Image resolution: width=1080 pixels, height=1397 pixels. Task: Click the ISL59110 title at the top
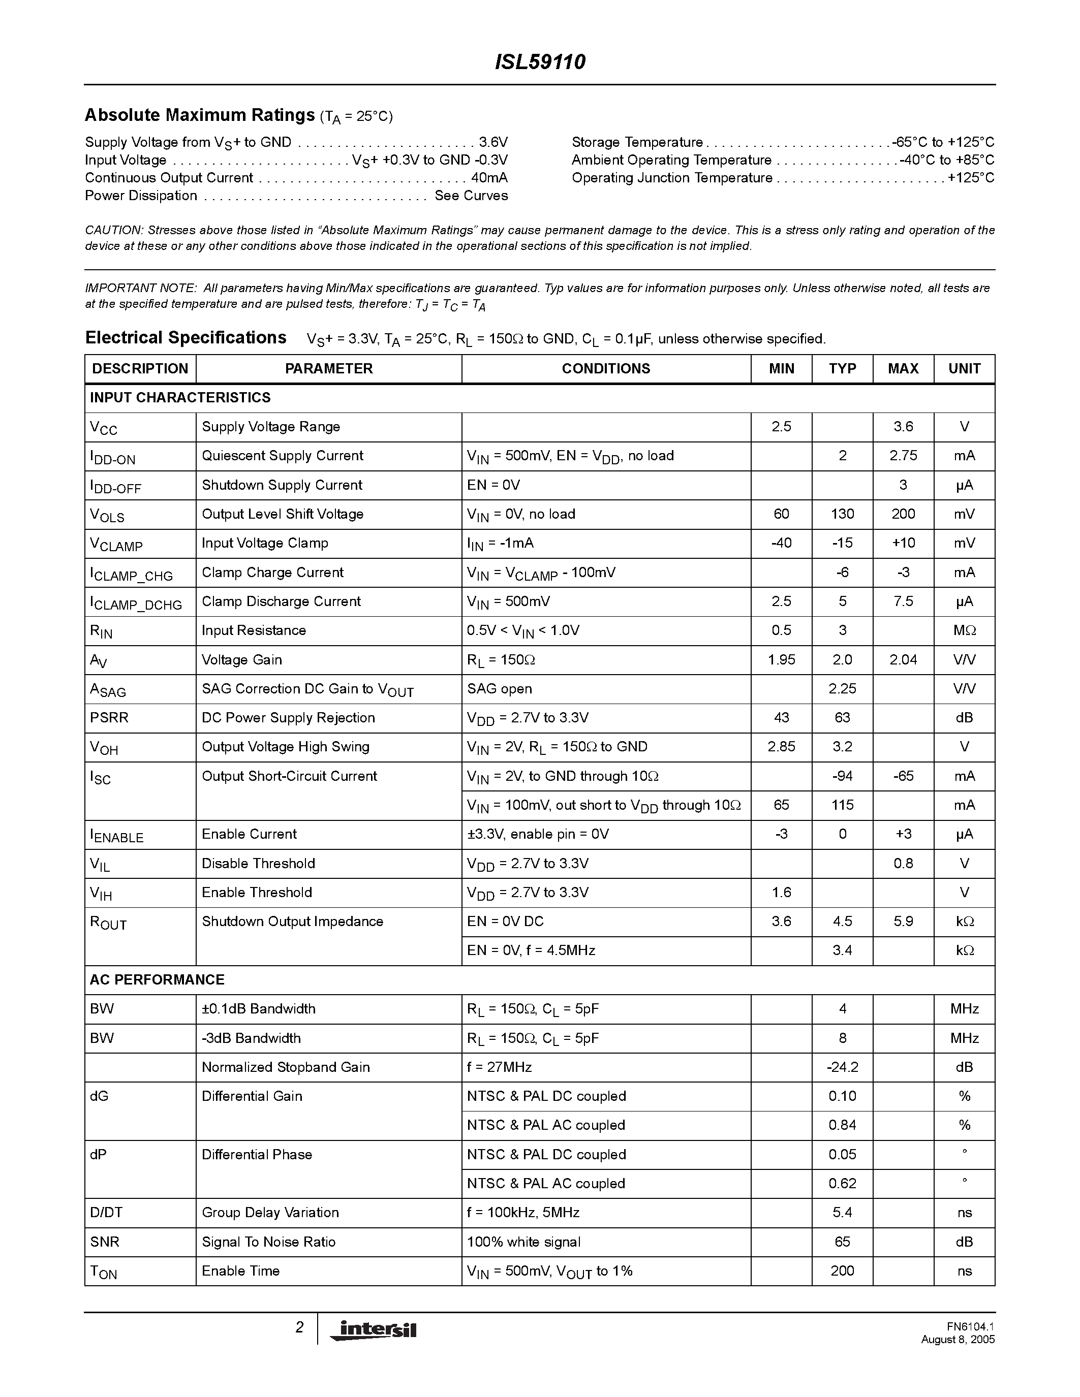tap(539, 62)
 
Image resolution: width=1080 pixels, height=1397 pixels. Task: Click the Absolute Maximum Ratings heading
tap(200, 115)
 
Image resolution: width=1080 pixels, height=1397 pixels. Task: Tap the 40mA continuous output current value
tap(489, 178)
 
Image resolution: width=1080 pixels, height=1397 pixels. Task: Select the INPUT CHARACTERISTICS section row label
tap(180, 398)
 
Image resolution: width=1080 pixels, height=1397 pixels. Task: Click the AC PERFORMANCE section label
tap(158, 979)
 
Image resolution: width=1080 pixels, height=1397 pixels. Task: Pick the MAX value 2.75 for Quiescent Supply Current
tap(903, 456)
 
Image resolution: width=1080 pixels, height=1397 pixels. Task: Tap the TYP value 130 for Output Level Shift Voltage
tap(842, 514)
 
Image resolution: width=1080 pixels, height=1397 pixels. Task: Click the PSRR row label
tap(109, 718)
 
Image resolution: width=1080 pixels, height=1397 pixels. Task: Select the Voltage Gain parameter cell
tap(242, 659)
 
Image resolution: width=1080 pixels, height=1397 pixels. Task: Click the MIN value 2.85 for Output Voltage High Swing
tap(781, 746)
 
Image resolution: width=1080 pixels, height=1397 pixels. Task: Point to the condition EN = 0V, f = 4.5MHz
tap(531, 950)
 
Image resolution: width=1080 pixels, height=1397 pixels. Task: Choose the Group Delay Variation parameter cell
tap(270, 1212)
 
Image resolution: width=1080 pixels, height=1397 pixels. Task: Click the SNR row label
tap(105, 1242)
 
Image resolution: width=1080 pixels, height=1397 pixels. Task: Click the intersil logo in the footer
tap(374, 1330)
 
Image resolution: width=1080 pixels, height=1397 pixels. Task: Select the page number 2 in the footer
tap(299, 1327)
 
